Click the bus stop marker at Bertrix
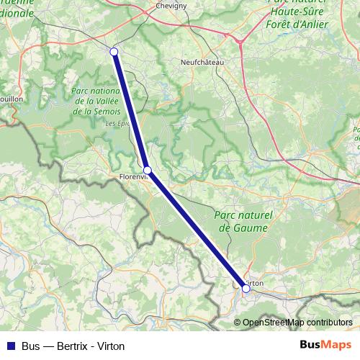[114, 51]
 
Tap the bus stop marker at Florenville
[148, 171]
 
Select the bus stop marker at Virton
[246, 288]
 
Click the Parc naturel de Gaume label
[241, 221]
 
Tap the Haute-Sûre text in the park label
[297, 9]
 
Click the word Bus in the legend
[32, 346]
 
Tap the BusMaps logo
[326, 345]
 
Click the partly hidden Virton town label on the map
[256, 283]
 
